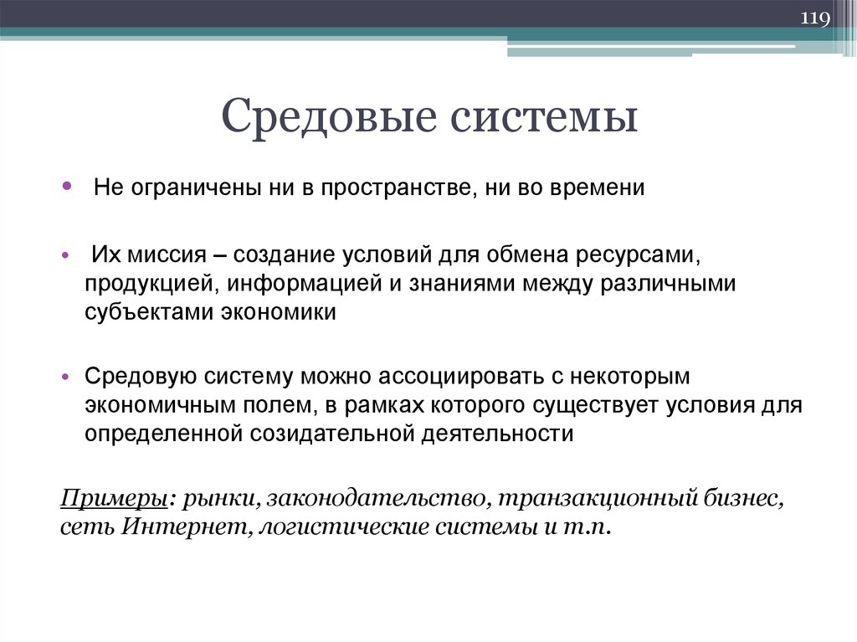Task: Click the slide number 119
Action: [815, 18]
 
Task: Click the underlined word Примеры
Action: [114, 499]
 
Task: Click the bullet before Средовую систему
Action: [66, 377]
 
